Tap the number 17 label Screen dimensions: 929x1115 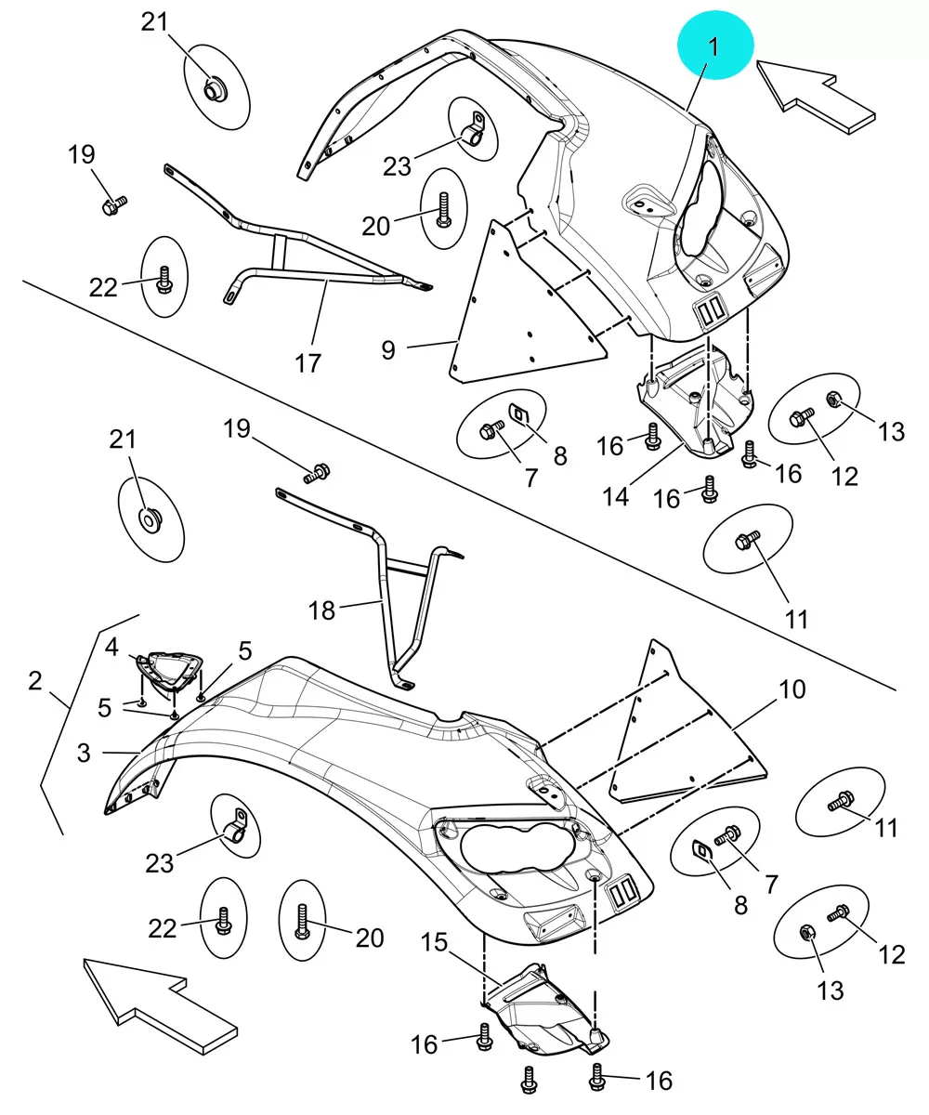[308, 363]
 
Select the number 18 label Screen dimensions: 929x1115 [321, 610]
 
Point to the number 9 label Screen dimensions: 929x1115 [388, 350]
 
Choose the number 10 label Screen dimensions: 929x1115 [792, 689]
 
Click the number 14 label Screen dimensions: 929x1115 [616, 496]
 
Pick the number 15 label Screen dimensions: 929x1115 [434, 942]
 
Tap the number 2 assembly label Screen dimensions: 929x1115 [34, 681]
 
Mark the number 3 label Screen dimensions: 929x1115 [84, 753]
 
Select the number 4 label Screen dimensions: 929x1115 [111, 648]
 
